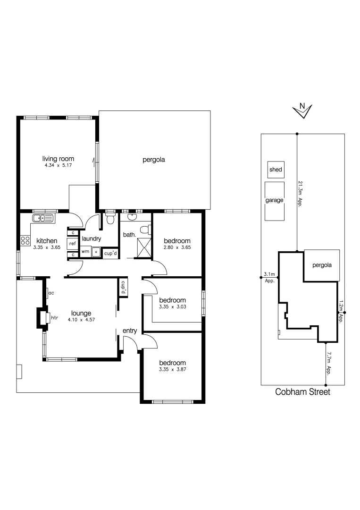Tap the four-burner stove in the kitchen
(x=25, y=240)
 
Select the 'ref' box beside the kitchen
(x=72, y=243)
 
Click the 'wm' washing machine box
(x=85, y=252)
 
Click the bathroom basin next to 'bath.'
(x=132, y=217)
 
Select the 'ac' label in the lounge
(x=51, y=293)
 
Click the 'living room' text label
(x=58, y=159)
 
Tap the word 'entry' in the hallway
(x=130, y=331)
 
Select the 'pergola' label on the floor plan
(x=154, y=160)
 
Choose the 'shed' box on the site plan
(x=275, y=169)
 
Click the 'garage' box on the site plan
(x=275, y=201)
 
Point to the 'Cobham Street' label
(x=302, y=392)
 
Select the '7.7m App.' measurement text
(x=329, y=362)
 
